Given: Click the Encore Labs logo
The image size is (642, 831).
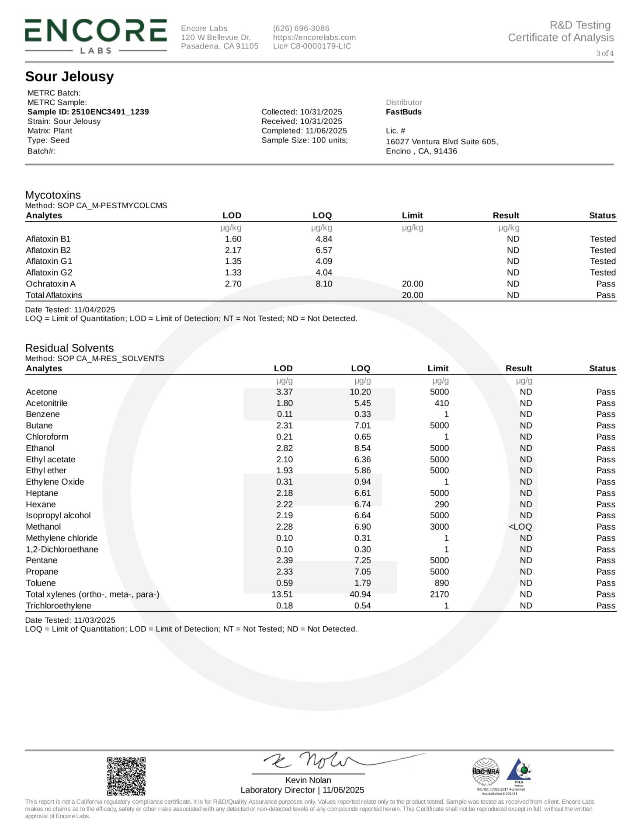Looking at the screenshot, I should [96, 36].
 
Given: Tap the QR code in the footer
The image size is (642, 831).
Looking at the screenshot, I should [126, 776].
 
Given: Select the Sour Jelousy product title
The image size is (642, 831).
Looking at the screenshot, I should [69, 77].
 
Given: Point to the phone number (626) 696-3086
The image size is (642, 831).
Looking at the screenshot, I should [301, 28].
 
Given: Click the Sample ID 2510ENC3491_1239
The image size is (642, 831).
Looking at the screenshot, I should [88, 112].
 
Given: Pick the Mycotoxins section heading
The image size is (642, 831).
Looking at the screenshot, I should [53, 195].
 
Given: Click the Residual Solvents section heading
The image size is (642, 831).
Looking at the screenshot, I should [69, 348].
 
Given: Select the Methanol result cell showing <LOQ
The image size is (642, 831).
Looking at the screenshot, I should [520, 527].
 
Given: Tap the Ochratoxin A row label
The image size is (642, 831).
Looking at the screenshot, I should [51, 284].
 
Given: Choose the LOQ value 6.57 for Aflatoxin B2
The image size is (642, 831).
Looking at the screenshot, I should [324, 250].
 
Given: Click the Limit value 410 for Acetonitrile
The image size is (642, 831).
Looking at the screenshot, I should [441, 403].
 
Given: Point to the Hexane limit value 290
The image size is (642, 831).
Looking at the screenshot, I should [441, 504].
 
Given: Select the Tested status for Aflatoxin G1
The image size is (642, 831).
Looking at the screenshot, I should [603, 261].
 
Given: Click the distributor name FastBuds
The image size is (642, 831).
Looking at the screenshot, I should [403, 112].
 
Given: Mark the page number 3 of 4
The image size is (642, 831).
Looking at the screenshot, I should [605, 53].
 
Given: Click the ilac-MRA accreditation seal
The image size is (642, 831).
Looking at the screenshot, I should [486, 771].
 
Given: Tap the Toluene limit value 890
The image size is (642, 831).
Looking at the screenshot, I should [441, 583].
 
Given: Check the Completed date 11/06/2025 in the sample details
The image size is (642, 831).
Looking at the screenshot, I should [326, 131].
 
